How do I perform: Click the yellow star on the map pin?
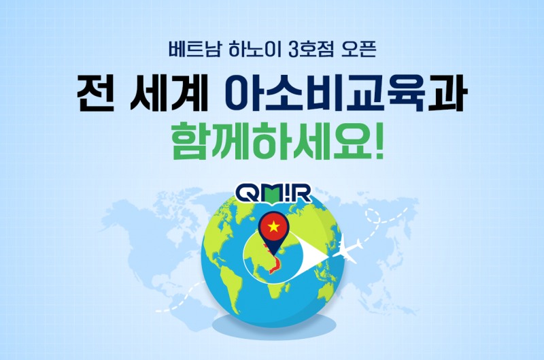273,226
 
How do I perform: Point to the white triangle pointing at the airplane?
314,257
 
